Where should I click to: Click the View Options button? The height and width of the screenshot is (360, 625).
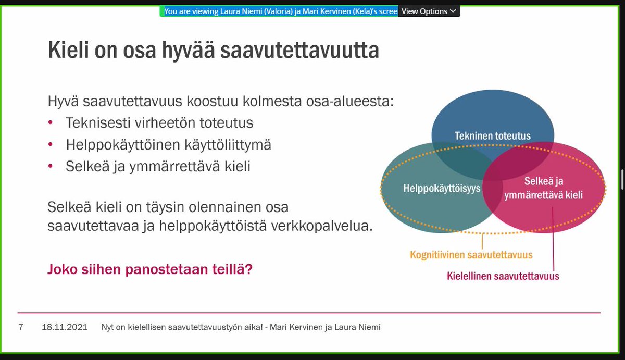[x=429, y=11]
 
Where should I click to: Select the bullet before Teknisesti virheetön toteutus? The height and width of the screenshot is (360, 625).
[x=50, y=122]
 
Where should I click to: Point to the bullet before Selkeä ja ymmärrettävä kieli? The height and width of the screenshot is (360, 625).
[x=50, y=166]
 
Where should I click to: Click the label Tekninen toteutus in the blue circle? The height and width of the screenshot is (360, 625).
[x=492, y=136]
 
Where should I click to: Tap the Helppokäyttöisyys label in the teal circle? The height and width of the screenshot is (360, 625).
[x=442, y=189]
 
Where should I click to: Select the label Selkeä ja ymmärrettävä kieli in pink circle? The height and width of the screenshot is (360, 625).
[x=543, y=189]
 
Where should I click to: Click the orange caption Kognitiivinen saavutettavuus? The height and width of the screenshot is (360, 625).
[x=471, y=255]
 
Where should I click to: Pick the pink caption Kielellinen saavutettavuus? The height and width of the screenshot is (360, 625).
[x=503, y=276]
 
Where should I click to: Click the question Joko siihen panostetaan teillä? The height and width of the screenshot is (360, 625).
[x=150, y=269]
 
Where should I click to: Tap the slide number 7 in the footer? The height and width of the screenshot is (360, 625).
[x=21, y=327]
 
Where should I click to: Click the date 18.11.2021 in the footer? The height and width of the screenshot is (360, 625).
[x=65, y=327]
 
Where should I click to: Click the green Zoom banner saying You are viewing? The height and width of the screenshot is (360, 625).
[x=281, y=11]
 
